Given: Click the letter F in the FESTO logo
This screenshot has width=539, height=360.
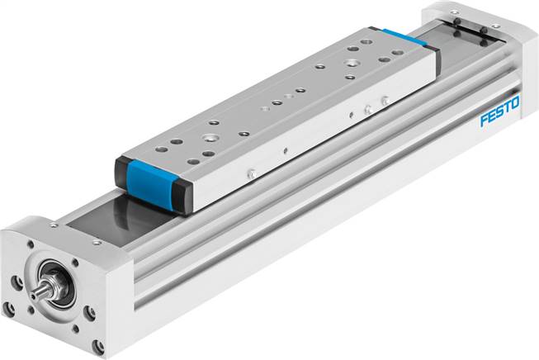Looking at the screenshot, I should click(x=485, y=121).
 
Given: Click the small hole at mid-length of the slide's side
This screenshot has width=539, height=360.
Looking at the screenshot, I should click(x=285, y=150).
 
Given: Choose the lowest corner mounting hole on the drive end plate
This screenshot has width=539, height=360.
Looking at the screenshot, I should click(x=97, y=347).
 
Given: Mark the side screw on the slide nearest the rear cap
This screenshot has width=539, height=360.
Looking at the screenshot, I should click(x=385, y=102).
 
